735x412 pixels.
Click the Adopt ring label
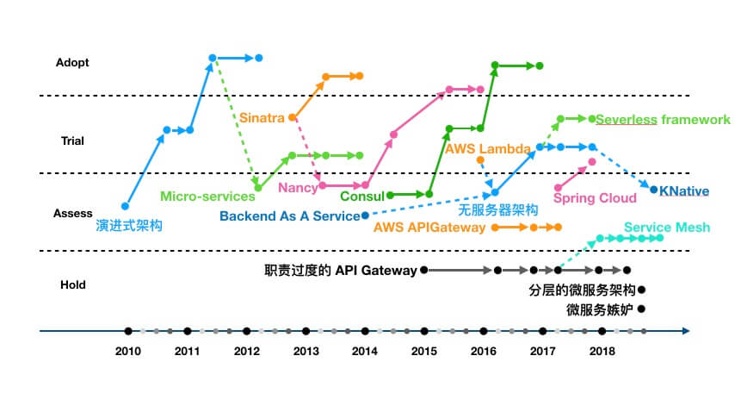pyautogui.click(x=71, y=62)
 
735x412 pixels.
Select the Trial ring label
pyautogui.click(x=71, y=140)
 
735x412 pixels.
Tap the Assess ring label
pyautogui.click(x=73, y=213)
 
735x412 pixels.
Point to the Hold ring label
pyautogui.click(x=71, y=284)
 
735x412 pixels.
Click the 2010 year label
pyautogui.click(x=128, y=351)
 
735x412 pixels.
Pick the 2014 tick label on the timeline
pyautogui.click(x=365, y=351)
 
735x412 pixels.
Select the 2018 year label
pyautogui.click(x=602, y=351)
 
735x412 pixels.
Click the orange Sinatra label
pyautogui.click(x=262, y=117)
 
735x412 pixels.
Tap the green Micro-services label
pyautogui.click(x=207, y=197)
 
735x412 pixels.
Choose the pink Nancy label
pyautogui.click(x=298, y=187)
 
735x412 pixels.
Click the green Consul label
pyautogui.click(x=356, y=196)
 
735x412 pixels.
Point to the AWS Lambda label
pyautogui.click(x=487, y=148)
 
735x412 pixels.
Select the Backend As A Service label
pyautogui.click(x=289, y=215)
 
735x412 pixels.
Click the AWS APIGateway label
pyautogui.click(x=429, y=228)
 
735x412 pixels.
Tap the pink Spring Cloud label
pyautogui.click(x=594, y=198)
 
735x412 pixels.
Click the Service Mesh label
pyautogui.click(x=667, y=227)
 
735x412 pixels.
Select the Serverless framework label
pyautogui.click(x=663, y=119)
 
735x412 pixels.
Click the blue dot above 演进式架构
pyautogui.click(x=126, y=206)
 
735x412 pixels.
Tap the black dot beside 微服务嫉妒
pyautogui.click(x=641, y=309)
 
